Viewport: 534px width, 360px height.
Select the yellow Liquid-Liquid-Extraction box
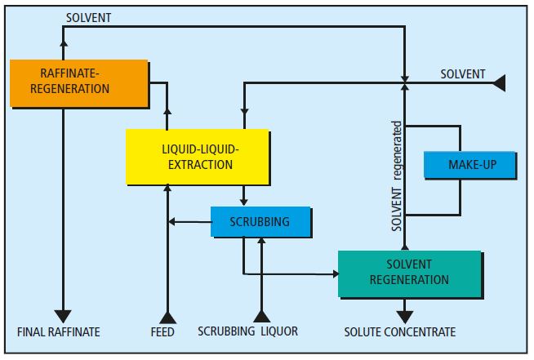pyautogui.click(x=197, y=156)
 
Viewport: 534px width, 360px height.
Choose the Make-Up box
pyautogui.click(x=471, y=165)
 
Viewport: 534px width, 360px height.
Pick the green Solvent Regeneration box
pyautogui.click(x=409, y=273)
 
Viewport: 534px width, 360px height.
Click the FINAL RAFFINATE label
pyautogui.click(x=58, y=332)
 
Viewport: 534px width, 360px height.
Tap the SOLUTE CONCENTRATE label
pyautogui.click(x=399, y=332)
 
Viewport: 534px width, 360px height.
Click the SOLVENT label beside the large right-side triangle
pyautogui.click(x=462, y=74)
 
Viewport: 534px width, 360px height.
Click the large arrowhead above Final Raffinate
pyautogui.click(x=63, y=316)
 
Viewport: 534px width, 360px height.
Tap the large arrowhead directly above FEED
pyautogui.click(x=167, y=316)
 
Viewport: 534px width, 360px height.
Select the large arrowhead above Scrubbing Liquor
pyautogui.click(x=260, y=316)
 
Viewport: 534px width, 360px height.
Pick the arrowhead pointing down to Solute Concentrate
pyautogui.click(x=404, y=313)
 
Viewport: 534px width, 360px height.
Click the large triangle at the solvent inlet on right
pyautogui.click(x=498, y=82)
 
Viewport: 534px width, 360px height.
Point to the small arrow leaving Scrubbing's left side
pyautogui.click(x=171, y=221)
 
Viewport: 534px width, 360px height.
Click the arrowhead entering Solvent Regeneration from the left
pyautogui.click(x=335, y=273)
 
